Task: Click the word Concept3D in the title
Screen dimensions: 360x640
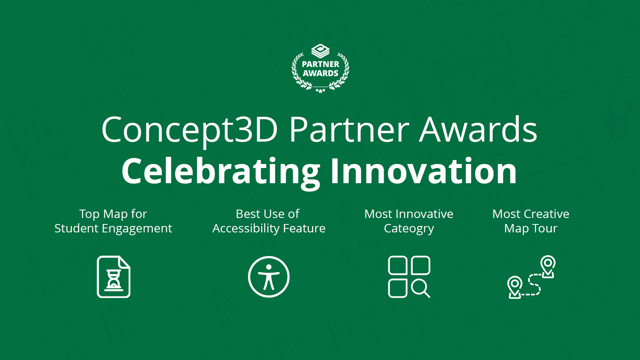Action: point(189,130)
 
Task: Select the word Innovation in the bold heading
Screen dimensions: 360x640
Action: point(423,171)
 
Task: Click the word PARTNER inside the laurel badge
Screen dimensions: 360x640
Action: point(320,64)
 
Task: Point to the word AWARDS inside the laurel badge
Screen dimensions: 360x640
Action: point(320,73)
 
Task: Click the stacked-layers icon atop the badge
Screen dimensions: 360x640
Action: point(320,51)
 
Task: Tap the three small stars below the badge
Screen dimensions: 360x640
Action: point(320,91)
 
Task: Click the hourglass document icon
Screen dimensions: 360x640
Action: point(114,277)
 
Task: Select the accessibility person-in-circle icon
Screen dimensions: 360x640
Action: point(269,277)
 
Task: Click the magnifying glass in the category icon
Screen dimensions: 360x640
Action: point(420,288)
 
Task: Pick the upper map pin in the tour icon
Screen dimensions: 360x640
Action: point(548,265)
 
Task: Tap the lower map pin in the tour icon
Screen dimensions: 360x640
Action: point(515,286)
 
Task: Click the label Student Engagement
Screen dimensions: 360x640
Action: point(113,228)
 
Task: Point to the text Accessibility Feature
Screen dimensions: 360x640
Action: point(269,228)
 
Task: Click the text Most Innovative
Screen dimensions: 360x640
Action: point(409,214)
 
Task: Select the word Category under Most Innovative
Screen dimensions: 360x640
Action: point(409,228)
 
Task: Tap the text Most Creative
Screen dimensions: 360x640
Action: point(531,214)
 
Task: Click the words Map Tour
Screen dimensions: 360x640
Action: point(531,228)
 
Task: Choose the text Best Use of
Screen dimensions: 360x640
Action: point(268,214)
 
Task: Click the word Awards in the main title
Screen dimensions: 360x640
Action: point(478,130)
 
